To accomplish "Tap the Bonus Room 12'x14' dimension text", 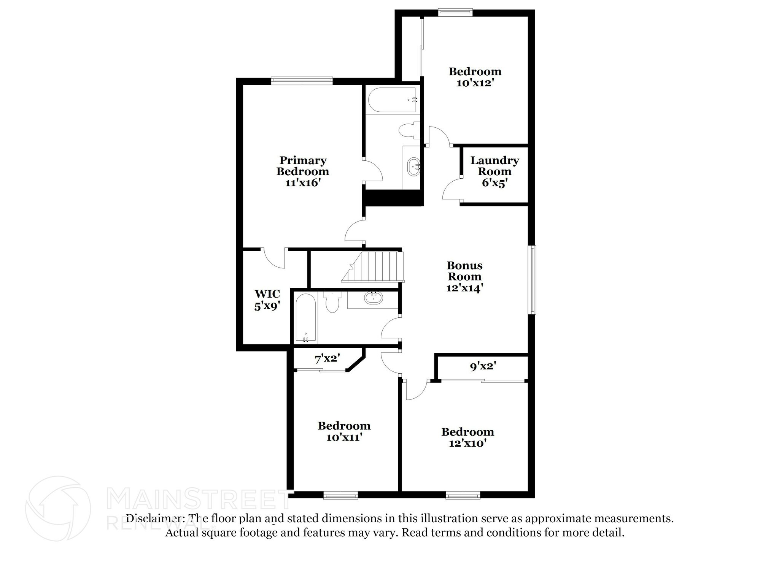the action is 464,288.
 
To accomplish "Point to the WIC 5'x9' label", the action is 267,300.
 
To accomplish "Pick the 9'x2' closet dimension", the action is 483,366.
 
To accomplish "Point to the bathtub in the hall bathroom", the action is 306,318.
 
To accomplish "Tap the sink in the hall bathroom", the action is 374,298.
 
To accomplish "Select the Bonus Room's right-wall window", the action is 533,280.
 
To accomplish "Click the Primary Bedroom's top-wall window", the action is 302,80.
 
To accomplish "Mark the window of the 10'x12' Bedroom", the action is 455,12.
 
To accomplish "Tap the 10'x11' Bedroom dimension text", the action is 344,437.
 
